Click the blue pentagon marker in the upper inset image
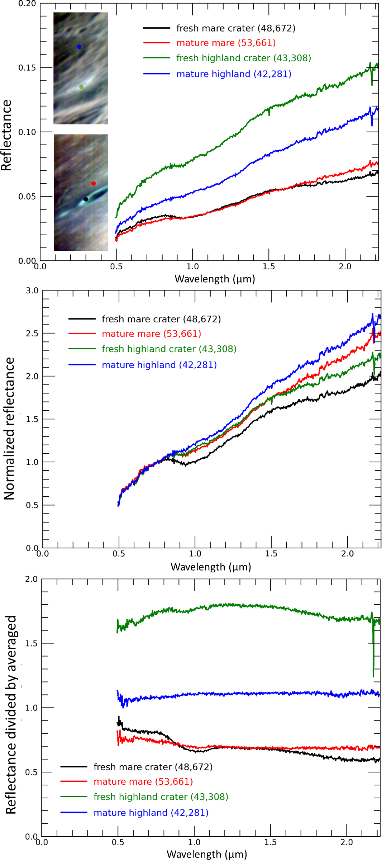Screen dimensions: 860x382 pyautogui.click(x=79, y=47)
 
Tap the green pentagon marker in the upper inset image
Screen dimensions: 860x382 pyautogui.click(x=81, y=86)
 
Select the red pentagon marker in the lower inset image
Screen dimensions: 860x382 pyautogui.click(x=94, y=183)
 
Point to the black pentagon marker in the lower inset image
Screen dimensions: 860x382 pyautogui.click(x=86, y=199)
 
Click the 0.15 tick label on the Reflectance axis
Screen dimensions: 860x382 pyautogui.click(x=27, y=68)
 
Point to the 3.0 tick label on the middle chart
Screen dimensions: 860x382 pyautogui.click(x=32, y=290)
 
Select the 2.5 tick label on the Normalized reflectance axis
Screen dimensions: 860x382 pyautogui.click(x=32, y=334)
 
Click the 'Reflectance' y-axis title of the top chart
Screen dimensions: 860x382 pyautogui.click(x=6, y=135)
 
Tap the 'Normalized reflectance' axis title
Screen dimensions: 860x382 pyautogui.click(x=9, y=428)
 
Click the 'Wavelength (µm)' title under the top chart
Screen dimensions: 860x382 pyautogui.click(x=215, y=279)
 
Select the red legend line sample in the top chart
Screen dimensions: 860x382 pyautogui.click(x=157, y=43)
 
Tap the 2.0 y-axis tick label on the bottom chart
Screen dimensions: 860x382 pyautogui.click(x=31, y=579)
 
